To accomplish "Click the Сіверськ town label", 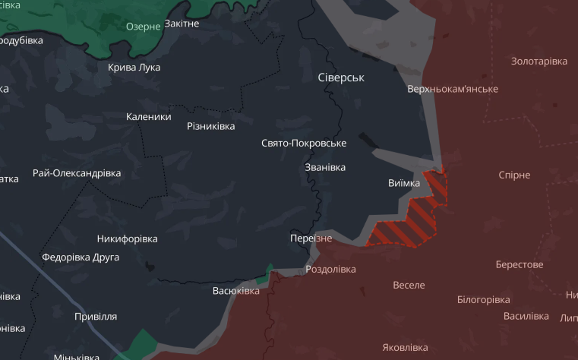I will click(341, 77).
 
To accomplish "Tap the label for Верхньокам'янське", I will click(453, 89).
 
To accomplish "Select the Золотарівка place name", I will click(539, 61).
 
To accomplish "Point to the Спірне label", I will click(514, 175).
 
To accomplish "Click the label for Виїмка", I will click(403, 183).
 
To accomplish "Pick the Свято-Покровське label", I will click(304, 143).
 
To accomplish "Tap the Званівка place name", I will click(324, 167).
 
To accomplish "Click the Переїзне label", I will click(311, 238).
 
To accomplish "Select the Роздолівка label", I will click(330, 269).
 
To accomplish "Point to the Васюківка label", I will click(236, 290).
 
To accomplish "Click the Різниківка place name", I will click(211, 126).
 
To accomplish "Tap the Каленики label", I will click(149, 117).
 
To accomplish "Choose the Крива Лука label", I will click(134, 67).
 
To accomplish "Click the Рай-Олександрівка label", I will click(77, 173).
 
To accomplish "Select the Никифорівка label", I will click(128, 238).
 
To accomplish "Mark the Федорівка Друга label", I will click(81, 257).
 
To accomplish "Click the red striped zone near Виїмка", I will click(410, 220).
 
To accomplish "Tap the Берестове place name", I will click(520, 264).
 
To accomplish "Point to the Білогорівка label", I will click(483, 299).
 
